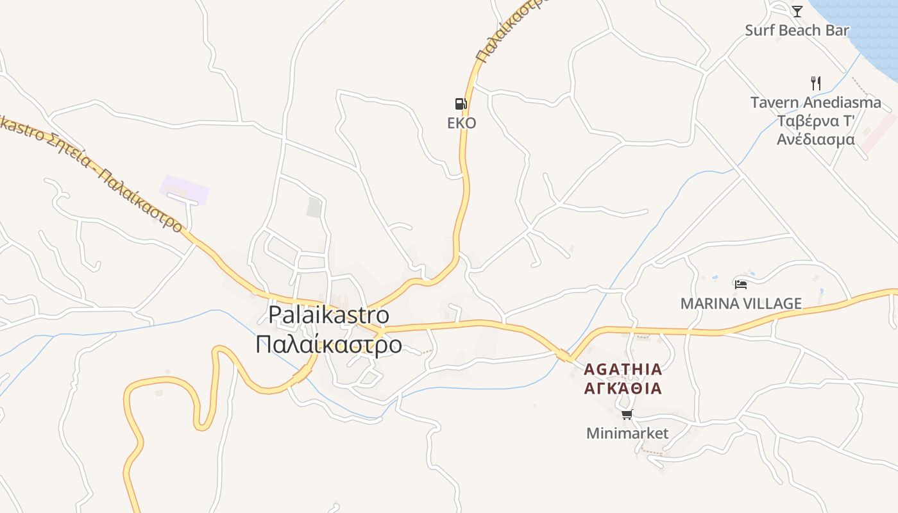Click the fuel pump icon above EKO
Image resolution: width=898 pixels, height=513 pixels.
[461, 104]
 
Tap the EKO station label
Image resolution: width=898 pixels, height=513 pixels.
[462, 123]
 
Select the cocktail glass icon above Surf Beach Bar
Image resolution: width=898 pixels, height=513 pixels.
[797, 11]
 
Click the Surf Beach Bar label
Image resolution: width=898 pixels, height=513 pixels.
[797, 30]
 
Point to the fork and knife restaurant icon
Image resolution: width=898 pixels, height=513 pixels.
[816, 83]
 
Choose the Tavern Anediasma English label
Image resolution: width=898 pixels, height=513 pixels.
[816, 103]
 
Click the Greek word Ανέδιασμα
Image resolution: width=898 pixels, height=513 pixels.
[816, 139]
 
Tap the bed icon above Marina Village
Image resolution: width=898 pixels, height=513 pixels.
[741, 284]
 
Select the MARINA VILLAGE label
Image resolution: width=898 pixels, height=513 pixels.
[741, 303]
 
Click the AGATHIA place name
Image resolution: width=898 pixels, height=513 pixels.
[623, 369]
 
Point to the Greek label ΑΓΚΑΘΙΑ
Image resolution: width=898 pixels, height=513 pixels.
[623, 389]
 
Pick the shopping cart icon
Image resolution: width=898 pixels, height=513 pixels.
[627, 414]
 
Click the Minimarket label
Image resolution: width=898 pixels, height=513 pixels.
[627, 433]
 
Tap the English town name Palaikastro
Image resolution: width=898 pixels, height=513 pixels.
[328, 315]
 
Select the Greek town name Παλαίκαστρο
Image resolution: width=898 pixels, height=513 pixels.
[328, 344]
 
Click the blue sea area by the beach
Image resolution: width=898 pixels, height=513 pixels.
[866, 26]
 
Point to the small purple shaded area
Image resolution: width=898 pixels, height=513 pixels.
[185, 189]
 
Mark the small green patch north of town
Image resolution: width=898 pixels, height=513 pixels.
[314, 207]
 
